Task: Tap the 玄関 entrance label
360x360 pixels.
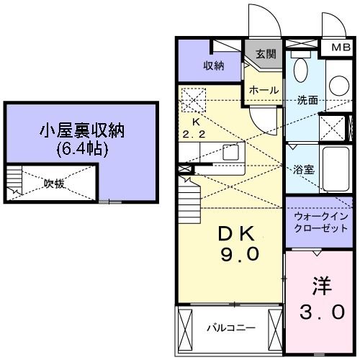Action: pyautogui.click(x=265, y=54)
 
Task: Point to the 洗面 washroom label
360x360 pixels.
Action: pyautogui.click(x=307, y=100)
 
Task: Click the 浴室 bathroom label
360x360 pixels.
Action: pyautogui.click(x=303, y=171)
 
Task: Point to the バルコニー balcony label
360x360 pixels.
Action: pyautogui.click(x=231, y=328)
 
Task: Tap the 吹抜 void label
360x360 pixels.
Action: pyautogui.click(x=54, y=183)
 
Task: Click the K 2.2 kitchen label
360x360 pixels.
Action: pyautogui.click(x=193, y=128)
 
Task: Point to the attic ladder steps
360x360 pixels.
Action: pyautogui.click(x=14, y=183)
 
